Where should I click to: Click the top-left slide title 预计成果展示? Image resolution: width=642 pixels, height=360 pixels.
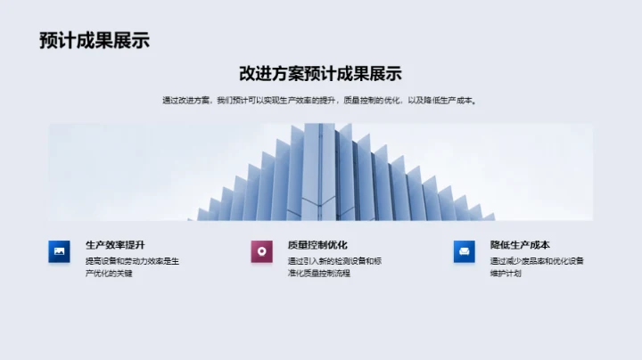94,40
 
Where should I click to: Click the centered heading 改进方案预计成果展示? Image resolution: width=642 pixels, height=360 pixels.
320,74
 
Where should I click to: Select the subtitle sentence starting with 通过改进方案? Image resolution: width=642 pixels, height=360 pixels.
320,101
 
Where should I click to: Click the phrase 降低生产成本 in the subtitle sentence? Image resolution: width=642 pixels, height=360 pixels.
455,101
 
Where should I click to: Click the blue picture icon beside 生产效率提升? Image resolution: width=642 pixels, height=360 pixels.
59,252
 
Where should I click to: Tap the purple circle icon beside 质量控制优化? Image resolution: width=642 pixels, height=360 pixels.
261,252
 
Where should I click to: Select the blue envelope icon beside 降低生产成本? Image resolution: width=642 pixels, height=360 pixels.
464,252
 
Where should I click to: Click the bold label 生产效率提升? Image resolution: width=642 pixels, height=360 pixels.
115,245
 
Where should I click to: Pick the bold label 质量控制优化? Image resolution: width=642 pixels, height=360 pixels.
317,245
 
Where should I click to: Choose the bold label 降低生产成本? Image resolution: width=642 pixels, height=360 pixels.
520,245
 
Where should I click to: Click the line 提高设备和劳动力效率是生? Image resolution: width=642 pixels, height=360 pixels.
132,261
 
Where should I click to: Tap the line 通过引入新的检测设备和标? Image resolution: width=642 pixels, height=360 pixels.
334,261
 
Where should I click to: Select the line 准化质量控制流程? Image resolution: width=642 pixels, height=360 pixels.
319,274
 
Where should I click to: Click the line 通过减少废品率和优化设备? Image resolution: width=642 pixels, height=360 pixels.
537,261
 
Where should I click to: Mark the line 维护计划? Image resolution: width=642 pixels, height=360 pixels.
506,274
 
